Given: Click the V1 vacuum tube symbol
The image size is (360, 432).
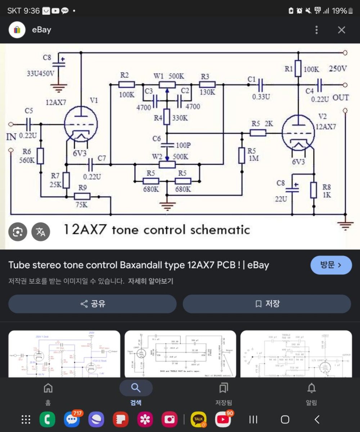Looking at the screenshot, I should [x=81, y=125].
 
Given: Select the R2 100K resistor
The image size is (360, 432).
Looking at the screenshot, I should [x=126, y=85].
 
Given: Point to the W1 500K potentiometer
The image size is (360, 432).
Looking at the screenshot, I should [x=167, y=85].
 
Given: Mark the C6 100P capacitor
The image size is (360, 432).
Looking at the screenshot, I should [x=167, y=145].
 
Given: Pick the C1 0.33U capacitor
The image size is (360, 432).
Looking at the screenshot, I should [x=260, y=85].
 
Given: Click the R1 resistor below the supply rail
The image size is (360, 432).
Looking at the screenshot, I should [x=298, y=69].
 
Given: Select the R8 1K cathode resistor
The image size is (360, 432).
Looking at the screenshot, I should [x=314, y=190].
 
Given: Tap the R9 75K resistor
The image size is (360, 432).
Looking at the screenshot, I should [x=82, y=197].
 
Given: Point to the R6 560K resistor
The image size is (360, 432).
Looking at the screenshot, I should [x=40, y=156].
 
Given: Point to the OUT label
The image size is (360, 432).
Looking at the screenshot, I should [x=340, y=98].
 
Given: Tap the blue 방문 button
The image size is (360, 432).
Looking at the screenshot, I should [x=331, y=265].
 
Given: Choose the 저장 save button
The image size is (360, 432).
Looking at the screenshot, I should [x=267, y=304].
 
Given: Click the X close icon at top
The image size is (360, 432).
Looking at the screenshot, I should [x=341, y=30].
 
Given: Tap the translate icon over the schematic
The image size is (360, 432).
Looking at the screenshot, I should [x=41, y=232].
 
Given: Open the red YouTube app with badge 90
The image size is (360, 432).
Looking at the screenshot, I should [x=223, y=419].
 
